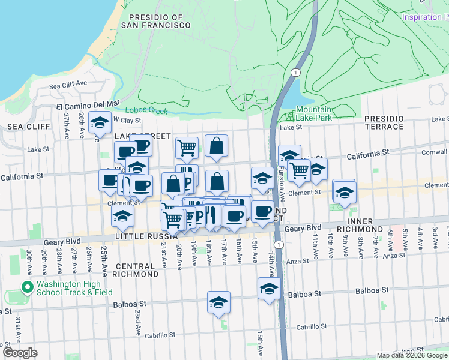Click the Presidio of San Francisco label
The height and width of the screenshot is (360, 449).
(x=155, y=21)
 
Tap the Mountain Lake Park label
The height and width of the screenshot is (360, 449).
(x=313, y=113)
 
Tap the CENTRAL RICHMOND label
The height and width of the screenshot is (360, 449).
(x=137, y=270)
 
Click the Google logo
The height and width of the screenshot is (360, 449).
(x=20, y=353)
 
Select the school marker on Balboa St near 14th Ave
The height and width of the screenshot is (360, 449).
(x=270, y=289)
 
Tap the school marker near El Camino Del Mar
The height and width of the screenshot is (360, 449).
(x=100, y=122)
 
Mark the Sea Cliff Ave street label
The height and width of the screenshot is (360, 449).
(x=68, y=84)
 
